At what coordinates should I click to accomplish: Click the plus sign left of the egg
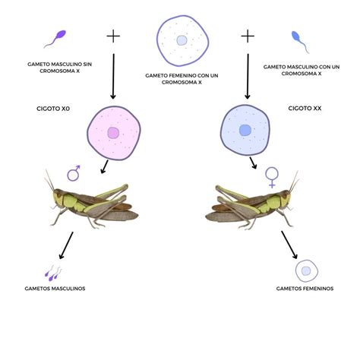point(113,36)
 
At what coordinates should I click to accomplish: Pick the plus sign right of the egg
point(248,36)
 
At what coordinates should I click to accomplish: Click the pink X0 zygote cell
point(113,133)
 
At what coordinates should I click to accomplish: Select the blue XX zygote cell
point(245,130)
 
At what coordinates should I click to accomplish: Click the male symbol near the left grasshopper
point(74,174)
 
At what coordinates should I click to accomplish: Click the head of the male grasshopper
point(58,198)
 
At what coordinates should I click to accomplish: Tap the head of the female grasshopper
point(286,199)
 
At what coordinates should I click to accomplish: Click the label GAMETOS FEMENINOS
point(305,289)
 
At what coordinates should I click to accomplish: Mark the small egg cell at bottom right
point(306,270)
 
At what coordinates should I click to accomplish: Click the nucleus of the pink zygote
point(113,134)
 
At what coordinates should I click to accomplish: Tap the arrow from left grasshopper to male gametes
point(67,244)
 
